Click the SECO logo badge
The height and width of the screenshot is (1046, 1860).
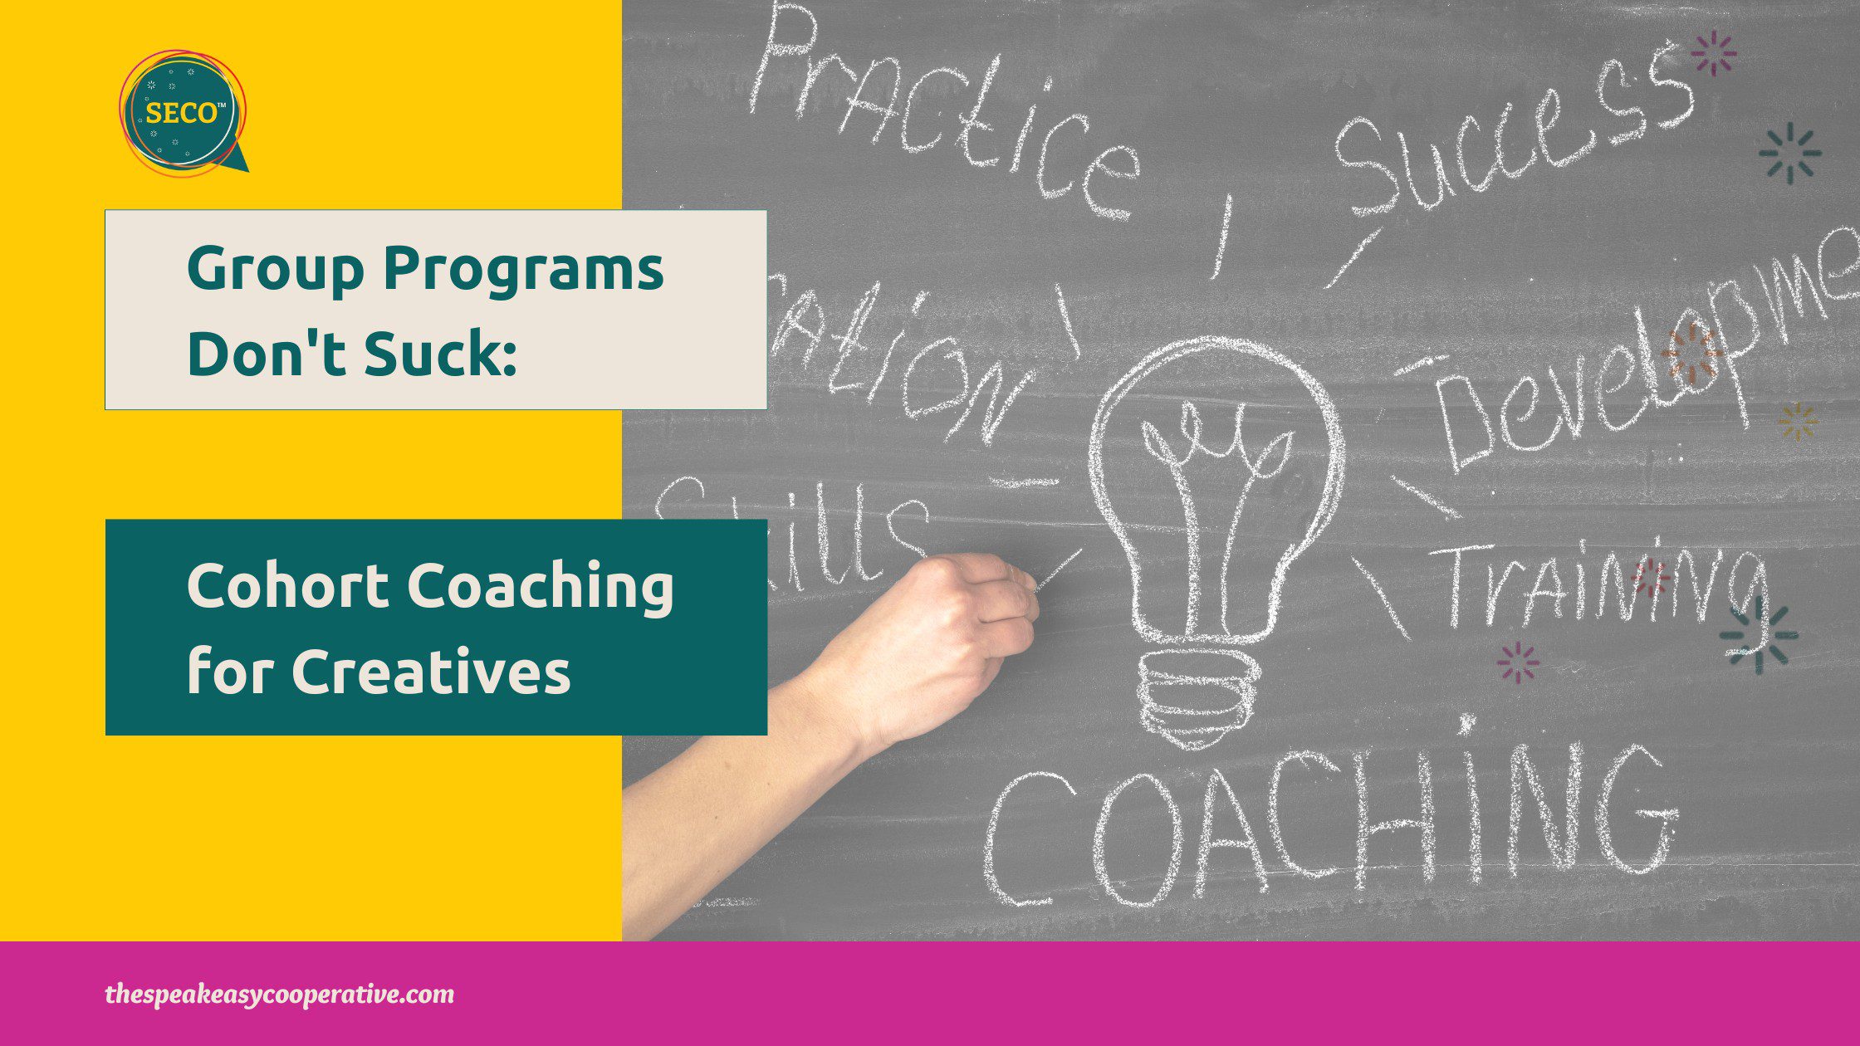click(x=182, y=112)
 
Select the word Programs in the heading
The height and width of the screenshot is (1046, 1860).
click(x=523, y=271)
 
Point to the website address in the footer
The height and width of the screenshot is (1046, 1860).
click(x=279, y=994)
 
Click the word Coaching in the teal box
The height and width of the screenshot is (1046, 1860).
click(x=540, y=586)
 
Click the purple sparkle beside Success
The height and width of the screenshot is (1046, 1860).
click(x=1714, y=54)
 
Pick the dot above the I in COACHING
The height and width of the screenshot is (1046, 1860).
click(x=1467, y=725)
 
